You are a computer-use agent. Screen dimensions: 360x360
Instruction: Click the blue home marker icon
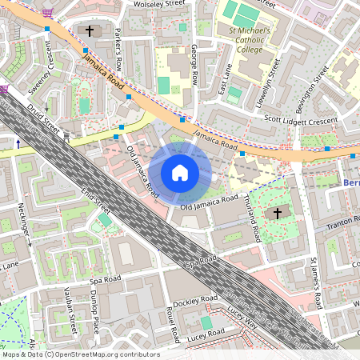coord(180,173)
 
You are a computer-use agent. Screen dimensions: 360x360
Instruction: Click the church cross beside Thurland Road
coord(278,213)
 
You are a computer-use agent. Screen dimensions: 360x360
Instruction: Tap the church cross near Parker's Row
coord(90,31)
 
